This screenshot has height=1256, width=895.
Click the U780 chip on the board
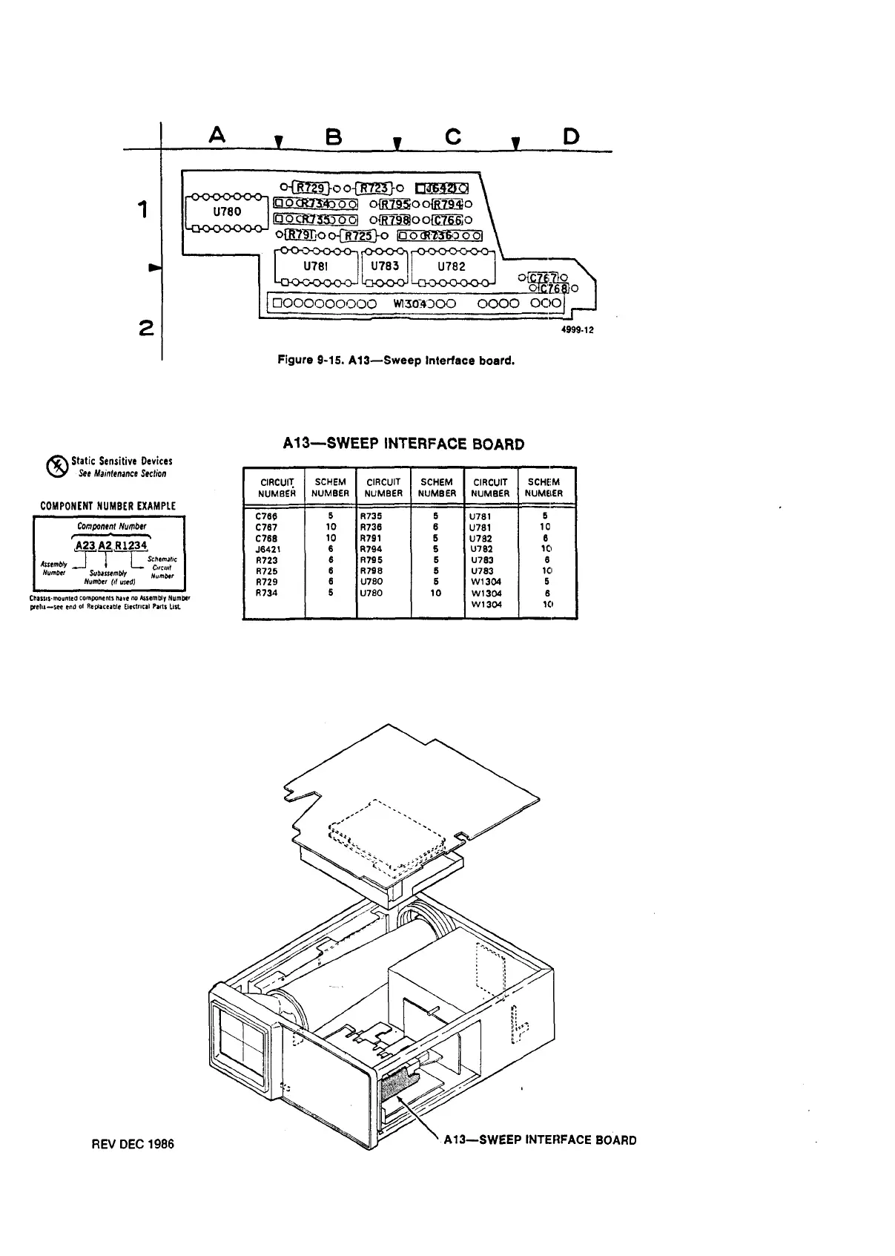coord(227,212)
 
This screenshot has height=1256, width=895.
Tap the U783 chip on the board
coord(385,266)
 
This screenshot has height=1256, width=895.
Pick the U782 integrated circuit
coord(452,266)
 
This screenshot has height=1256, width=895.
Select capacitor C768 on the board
coord(553,289)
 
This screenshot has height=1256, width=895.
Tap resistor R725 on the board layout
coord(359,236)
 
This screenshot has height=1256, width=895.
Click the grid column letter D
coord(571,136)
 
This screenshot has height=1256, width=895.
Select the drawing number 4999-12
coord(577,331)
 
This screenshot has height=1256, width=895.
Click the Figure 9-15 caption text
coord(395,361)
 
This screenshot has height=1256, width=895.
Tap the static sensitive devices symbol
coord(56,466)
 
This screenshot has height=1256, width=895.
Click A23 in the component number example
coord(85,545)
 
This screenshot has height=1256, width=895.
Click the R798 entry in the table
coord(371,571)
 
